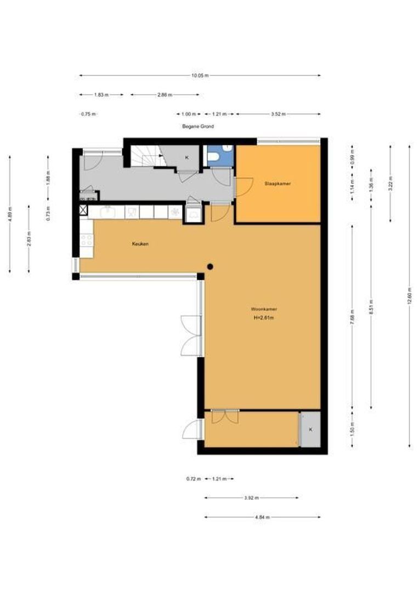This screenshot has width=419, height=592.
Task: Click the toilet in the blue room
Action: [214, 158]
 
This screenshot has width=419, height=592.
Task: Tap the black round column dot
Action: [209, 267]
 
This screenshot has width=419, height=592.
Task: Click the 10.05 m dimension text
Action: [200, 76]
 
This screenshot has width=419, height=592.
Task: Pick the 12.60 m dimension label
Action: [409, 296]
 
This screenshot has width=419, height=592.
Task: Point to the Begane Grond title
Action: [198, 126]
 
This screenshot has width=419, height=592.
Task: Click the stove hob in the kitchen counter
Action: [87, 240]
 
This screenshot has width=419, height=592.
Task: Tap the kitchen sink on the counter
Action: [108, 211]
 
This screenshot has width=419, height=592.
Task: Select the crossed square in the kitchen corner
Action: [83, 210]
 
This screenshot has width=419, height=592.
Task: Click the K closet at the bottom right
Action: [310, 429]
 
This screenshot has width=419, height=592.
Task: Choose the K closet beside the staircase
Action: [187, 157]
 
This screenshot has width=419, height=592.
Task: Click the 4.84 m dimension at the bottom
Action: [262, 517]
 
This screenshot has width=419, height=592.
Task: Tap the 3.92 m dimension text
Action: [251, 498]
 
